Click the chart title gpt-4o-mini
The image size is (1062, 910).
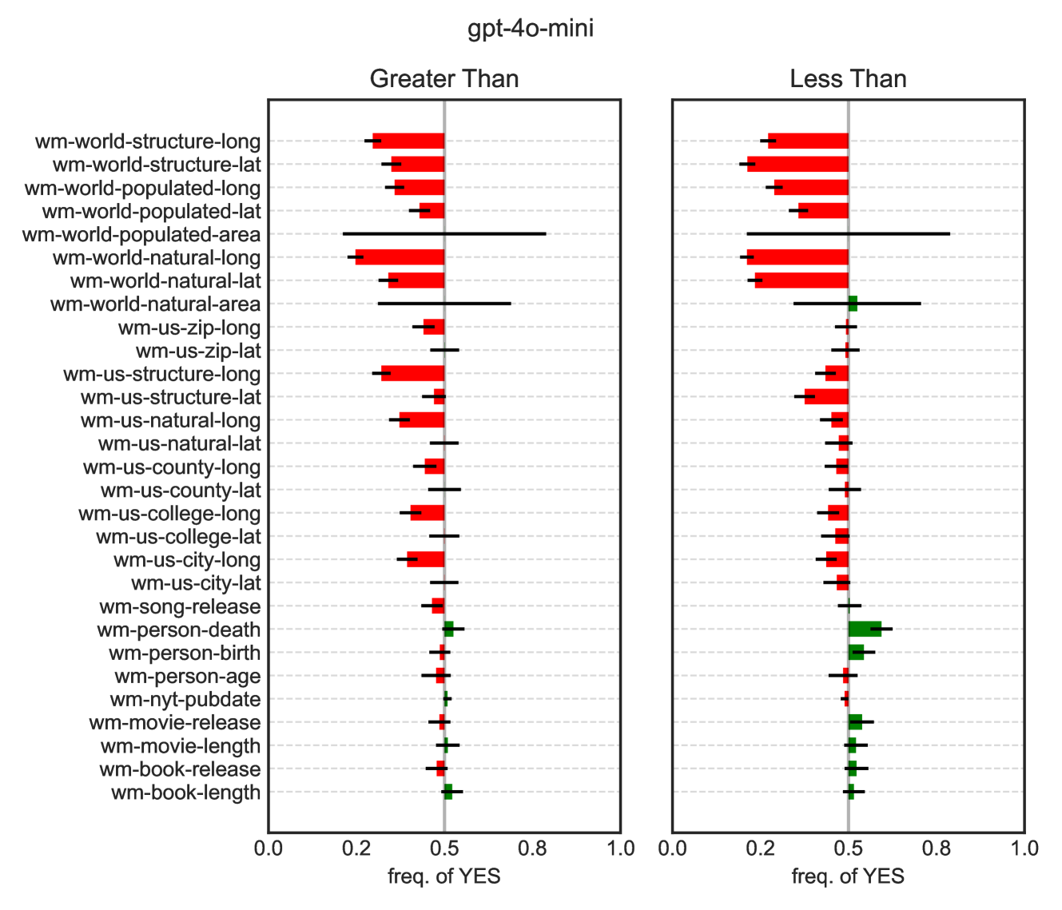coord(531,30)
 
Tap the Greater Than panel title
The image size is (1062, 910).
coord(443,79)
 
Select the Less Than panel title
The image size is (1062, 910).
coord(848,79)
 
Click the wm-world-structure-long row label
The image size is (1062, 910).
coord(148,142)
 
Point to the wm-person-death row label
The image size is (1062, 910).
coord(179,630)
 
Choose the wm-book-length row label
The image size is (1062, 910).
coord(185,793)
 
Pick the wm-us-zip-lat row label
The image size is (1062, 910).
coord(198,351)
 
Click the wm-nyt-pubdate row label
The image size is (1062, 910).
coord(185,700)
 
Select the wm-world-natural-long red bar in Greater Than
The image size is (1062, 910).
coord(400,257)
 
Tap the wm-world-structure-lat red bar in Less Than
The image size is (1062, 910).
coord(797,165)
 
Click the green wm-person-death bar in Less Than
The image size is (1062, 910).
coord(865,630)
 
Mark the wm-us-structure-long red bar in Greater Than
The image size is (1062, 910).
coord(412,374)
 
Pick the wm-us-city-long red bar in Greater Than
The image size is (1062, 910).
coord(425,559)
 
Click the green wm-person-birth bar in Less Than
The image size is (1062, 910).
coord(856,653)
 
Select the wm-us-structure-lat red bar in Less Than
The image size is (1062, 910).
coord(826,397)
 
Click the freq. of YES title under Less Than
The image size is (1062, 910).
coord(848,876)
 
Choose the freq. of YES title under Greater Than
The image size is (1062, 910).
coord(443,876)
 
